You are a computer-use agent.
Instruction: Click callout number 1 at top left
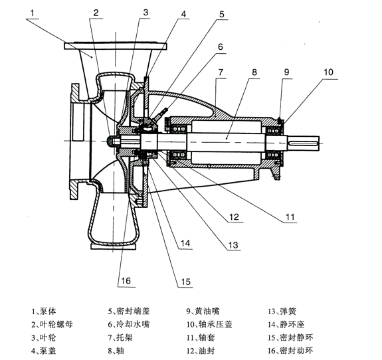[32, 13]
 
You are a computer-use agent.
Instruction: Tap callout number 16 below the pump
[126, 281]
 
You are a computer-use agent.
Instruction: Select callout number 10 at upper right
[328, 72]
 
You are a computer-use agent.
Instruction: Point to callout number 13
[233, 244]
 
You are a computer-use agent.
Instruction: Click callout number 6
[221, 46]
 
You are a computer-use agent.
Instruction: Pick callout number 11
[290, 217]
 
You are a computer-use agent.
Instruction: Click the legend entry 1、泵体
[44, 311]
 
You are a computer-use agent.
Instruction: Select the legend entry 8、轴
[116, 351]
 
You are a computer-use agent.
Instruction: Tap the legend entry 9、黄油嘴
[203, 311]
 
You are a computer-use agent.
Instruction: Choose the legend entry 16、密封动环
[290, 351]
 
